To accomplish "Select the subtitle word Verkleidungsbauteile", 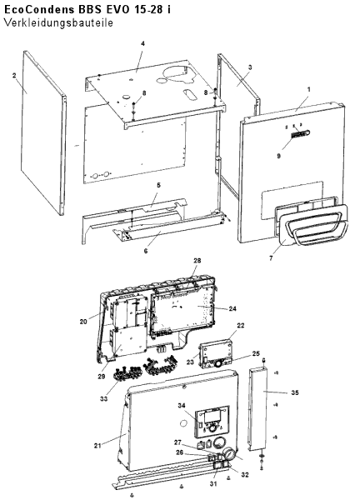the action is [x=58, y=23].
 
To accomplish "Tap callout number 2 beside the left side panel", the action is [x=14, y=75].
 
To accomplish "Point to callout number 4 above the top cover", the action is [x=142, y=43].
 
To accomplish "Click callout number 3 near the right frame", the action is [x=250, y=67].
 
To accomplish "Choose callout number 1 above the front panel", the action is [x=308, y=90].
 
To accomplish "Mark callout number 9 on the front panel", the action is [x=278, y=157].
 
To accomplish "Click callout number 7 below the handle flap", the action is [x=271, y=258].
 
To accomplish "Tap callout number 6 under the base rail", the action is [x=146, y=251].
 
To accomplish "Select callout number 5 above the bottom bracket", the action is [x=158, y=185].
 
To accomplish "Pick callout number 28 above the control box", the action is [x=197, y=261].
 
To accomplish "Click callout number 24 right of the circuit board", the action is [x=232, y=308].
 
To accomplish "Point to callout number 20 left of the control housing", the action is [x=83, y=322].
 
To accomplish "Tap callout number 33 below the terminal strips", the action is [x=103, y=398].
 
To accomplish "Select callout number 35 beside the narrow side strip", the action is [x=295, y=392].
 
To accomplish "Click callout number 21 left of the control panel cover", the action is [x=97, y=446].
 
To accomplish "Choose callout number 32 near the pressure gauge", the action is [x=244, y=474].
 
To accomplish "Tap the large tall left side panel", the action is [x=43, y=132].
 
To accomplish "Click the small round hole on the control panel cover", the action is [x=183, y=423].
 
